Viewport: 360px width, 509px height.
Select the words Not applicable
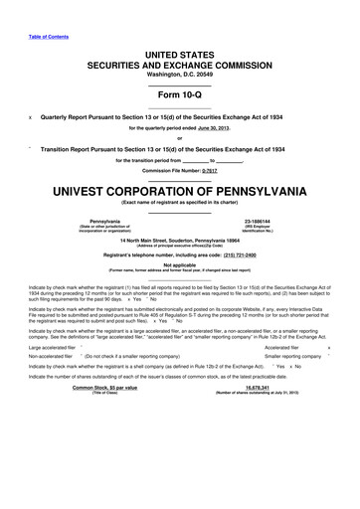point(179,265)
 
